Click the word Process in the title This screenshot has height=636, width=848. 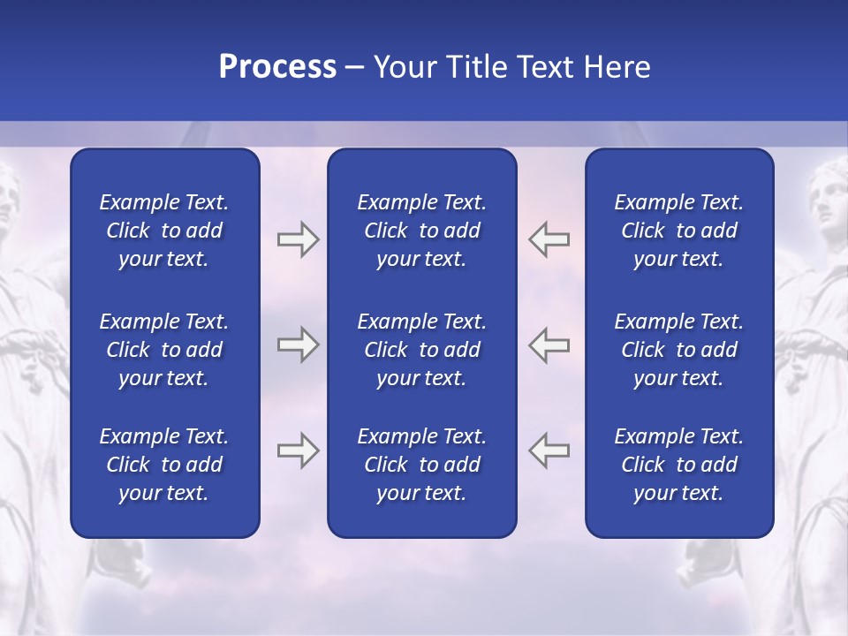pos(277,67)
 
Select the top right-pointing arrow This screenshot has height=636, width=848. pos(298,239)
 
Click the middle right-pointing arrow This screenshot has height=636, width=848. pos(298,344)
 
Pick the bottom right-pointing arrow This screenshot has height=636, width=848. pos(298,450)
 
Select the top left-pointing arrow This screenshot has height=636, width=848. pos(549,239)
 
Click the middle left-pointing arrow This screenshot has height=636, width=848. pos(549,344)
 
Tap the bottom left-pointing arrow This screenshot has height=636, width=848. pos(549,450)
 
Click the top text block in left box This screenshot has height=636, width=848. pos(164,231)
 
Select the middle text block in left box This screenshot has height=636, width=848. pos(164,350)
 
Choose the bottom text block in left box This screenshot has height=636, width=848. pos(164,465)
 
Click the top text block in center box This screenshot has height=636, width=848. pos(421,231)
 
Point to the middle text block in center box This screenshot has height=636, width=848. pos(421,350)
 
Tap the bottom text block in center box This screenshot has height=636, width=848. pos(421,465)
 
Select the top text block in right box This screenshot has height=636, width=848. pos(678,231)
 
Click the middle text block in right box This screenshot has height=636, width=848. pos(678,350)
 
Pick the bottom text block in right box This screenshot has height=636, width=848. pos(678,465)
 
